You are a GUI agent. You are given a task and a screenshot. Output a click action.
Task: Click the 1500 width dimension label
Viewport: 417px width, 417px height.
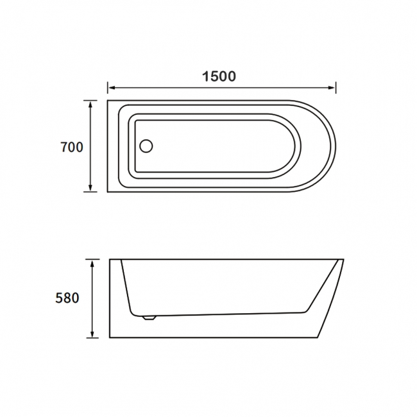click(x=219, y=76)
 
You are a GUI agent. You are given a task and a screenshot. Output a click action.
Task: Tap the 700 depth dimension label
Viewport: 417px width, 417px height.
click(x=72, y=147)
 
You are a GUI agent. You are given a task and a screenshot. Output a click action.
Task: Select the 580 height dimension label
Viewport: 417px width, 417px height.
click(x=67, y=298)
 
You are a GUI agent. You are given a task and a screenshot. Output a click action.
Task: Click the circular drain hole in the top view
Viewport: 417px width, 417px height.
click(x=146, y=146)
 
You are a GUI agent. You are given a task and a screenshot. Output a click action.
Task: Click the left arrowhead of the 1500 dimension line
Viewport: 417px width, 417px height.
click(x=110, y=88)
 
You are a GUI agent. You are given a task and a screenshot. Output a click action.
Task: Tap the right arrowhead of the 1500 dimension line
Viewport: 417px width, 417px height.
click(x=334, y=88)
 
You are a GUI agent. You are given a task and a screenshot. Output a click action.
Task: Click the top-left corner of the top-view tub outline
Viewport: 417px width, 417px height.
click(x=108, y=100)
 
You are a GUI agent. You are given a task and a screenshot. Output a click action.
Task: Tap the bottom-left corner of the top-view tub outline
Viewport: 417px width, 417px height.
click(x=108, y=192)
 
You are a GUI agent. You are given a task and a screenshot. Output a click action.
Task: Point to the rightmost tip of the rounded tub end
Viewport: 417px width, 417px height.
click(x=336, y=146)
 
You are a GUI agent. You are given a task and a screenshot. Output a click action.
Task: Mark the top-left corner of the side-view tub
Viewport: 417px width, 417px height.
click(x=110, y=260)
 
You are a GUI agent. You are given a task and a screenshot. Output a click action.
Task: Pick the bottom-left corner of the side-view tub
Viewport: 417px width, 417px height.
click(x=110, y=337)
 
